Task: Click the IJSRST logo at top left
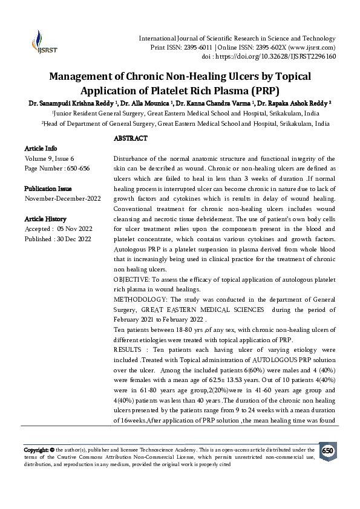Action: pos(40,37)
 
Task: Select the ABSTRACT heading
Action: pos(131,139)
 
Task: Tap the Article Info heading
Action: pos(41,148)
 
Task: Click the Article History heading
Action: pos(45,219)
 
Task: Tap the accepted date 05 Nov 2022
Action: pos(73,229)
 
